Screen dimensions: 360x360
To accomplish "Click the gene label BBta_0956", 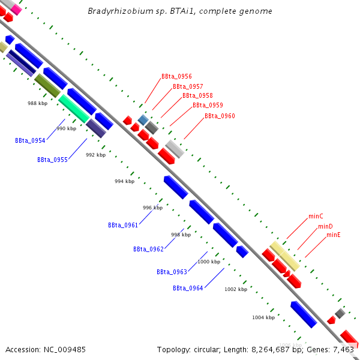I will (x=176, y=76).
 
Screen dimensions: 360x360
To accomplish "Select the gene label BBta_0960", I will (x=220, y=116).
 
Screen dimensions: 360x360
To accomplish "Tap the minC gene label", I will (x=316, y=215).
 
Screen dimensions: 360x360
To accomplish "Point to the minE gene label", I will (x=334, y=235).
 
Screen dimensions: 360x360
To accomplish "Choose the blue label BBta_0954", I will (x=30, y=140).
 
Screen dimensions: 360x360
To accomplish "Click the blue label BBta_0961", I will (x=123, y=225).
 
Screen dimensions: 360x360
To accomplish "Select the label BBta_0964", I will (x=188, y=288).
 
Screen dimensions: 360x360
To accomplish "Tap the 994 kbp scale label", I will (x=124, y=181).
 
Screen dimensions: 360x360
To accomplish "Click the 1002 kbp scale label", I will (x=236, y=289).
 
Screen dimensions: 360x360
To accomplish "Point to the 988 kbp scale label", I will (x=37, y=103).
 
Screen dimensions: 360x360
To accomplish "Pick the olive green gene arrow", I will (x=47, y=86).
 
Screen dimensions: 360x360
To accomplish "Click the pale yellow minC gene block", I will (x=284, y=256).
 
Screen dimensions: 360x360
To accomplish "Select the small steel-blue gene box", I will (x=143, y=120).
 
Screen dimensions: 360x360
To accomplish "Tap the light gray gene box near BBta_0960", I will (x=175, y=148).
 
